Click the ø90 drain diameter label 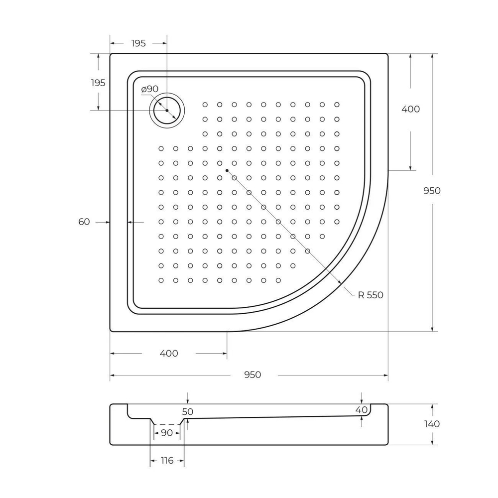click(x=149, y=89)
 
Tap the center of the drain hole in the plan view click(x=167, y=110)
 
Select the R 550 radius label click(x=371, y=295)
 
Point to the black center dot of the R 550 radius click(x=227, y=171)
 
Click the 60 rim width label click(x=84, y=222)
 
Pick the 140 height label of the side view click(x=432, y=424)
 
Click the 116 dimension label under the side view click(x=167, y=461)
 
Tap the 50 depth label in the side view click(x=188, y=412)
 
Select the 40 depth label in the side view click(x=362, y=410)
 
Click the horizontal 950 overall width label click(x=252, y=375)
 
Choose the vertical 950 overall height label click(x=432, y=191)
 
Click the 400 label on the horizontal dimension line click(x=169, y=354)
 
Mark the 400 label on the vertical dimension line click(x=410, y=110)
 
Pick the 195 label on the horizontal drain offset click(x=138, y=43)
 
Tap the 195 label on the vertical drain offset click(x=98, y=83)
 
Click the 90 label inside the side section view click(x=167, y=433)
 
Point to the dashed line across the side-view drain click(x=167, y=424)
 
